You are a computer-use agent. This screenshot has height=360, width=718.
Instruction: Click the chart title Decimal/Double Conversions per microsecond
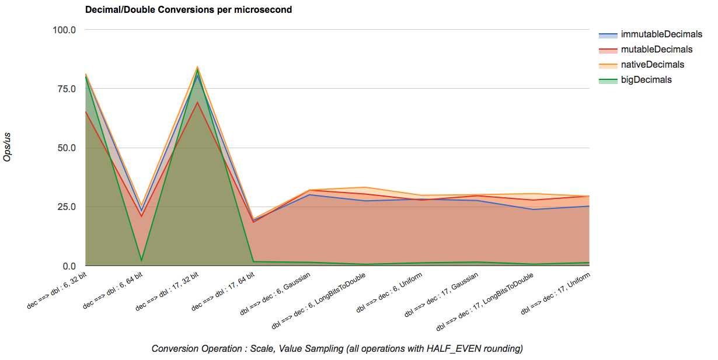click(x=189, y=10)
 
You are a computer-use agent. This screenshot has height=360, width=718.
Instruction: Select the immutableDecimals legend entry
click(x=661, y=34)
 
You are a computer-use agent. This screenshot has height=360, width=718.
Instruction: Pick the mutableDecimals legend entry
click(x=656, y=50)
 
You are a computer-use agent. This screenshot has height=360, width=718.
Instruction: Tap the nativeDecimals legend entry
click(x=652, y=65)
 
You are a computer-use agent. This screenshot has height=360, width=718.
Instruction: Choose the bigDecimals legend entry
click(x=646, y=80)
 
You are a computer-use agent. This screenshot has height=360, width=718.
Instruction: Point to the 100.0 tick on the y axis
click(x=64, y=30)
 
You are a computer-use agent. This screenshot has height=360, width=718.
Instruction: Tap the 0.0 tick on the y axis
click(x=69, y=266)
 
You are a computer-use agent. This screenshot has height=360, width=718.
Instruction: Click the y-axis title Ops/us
click(x=8, y=148)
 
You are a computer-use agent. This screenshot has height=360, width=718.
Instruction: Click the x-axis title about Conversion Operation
click(x=337, y=349)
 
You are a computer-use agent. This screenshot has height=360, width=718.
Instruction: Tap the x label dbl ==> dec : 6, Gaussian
click(x=276, y=292)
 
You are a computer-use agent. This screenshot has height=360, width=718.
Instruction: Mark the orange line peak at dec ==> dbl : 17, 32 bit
click(x=197, y=67)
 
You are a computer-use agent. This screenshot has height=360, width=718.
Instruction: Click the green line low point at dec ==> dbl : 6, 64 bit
click(x=141, y=261)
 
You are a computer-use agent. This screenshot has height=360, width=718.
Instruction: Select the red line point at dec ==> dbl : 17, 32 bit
click(x=197, y=103)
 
